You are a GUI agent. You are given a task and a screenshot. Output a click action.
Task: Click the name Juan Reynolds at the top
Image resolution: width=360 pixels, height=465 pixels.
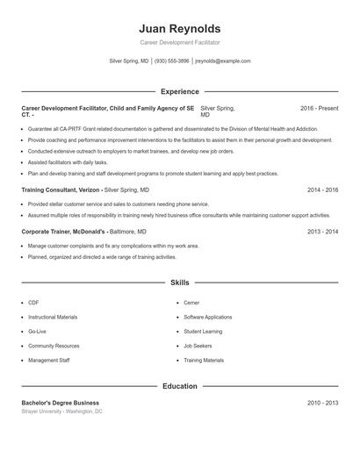click(180, 28)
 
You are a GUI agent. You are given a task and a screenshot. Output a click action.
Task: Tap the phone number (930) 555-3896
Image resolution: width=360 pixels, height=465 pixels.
click(171, 61)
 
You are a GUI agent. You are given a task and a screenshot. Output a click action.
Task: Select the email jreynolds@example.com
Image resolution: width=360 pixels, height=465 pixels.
click(222, 61)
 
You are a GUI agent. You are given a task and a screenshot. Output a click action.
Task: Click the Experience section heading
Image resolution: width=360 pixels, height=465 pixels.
click(179, 91)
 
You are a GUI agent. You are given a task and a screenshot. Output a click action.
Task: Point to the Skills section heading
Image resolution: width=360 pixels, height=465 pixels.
click(179, 283)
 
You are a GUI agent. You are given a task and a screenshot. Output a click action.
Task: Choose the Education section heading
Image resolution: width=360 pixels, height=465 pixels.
click(179, 386)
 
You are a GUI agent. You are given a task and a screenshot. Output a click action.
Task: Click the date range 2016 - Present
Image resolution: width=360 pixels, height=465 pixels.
click(319, 108)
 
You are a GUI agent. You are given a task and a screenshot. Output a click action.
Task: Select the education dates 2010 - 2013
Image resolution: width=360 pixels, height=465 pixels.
click(322, 403)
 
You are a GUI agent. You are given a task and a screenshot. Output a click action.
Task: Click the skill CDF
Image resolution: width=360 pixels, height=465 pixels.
click(33, 303)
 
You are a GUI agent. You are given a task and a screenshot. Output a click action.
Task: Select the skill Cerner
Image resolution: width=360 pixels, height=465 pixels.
click(192, 303)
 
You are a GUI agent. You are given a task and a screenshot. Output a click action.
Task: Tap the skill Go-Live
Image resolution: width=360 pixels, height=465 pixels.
click(37, 332)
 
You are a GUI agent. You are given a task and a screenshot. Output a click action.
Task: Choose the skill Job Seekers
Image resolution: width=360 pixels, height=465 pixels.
click(198, 346)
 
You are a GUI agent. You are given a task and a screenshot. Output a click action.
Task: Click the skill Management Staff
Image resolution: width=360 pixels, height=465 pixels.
click(48, 361)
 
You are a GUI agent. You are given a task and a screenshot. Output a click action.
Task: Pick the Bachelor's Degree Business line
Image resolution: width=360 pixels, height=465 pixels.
click(60, 403)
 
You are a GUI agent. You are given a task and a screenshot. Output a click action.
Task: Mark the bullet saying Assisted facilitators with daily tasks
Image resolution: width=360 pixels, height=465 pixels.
click(68, 162)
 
